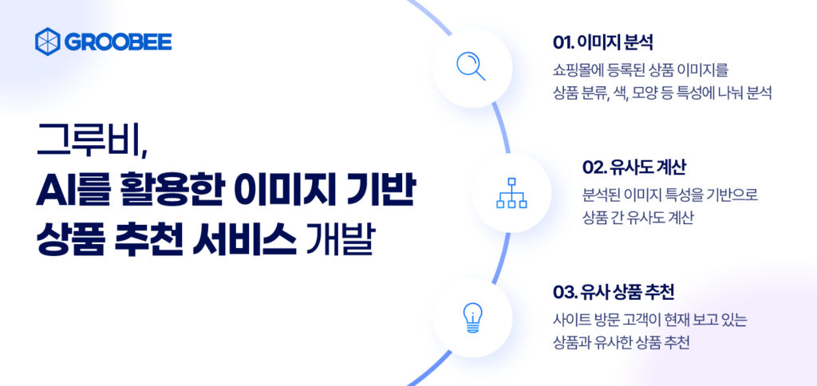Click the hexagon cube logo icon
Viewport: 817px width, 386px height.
(x=48, y=41)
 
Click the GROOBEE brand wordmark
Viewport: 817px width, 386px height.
(x=118, y=41)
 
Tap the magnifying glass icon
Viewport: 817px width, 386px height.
(x=471, y=68)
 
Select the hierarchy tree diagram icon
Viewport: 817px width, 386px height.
(x=511, y=193)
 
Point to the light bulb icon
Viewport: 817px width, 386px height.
(x=472, y=317)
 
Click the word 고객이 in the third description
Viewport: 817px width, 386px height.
(x=647, y=319)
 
